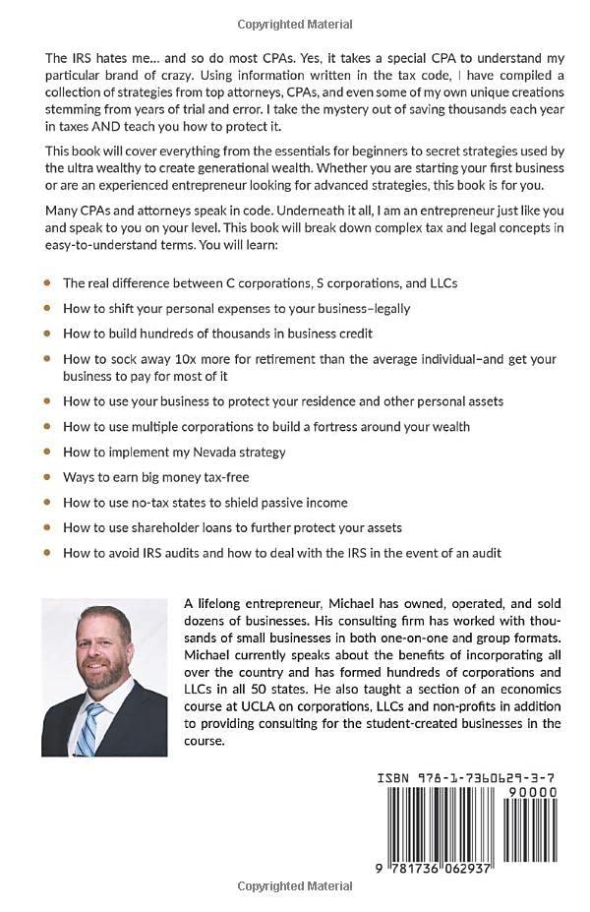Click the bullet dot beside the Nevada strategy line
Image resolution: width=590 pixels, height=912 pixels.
pos(48,452)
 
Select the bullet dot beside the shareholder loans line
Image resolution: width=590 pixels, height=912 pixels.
pos(48,527)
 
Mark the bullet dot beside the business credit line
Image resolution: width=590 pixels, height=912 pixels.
pos(48,334)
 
